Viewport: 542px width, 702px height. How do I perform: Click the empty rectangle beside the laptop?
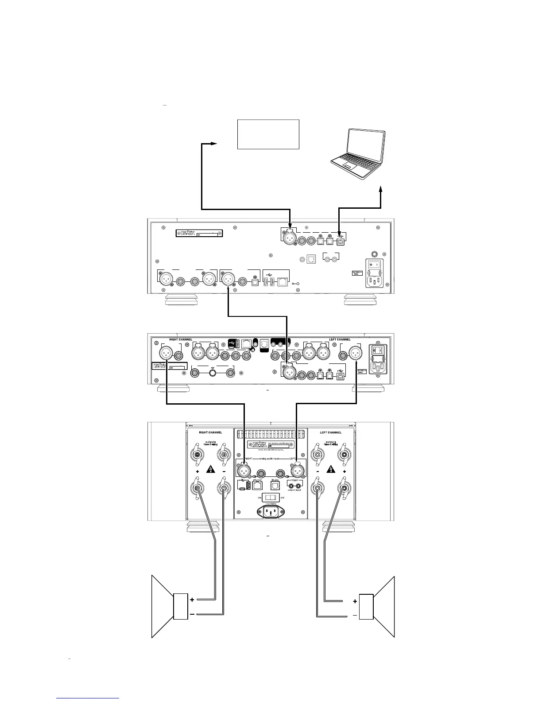point(268,134)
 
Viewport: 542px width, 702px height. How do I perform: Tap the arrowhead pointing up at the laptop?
point(382,190)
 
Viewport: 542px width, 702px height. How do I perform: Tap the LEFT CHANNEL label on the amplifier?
point(331,432)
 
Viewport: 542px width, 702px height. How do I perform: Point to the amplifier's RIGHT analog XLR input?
point(244,469)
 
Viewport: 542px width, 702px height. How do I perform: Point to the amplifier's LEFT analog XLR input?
point(296,469)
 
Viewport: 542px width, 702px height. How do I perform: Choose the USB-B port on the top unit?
point(339,242)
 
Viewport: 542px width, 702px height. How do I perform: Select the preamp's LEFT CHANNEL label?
point(340,339)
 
